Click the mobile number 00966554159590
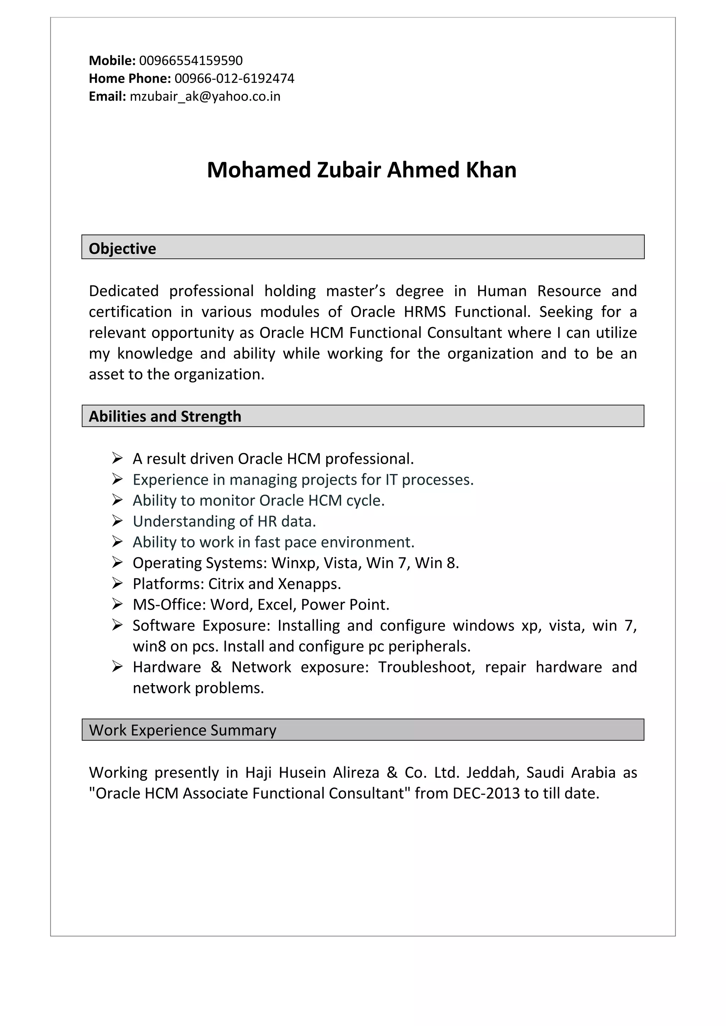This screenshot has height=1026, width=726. [x=191, y=60]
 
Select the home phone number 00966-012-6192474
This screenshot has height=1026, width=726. [x=234, y=78]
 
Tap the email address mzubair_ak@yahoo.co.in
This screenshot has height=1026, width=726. [x=205, y=96]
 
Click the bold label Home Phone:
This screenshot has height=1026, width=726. [x=130, y=78]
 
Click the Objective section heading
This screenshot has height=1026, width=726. [x=123, y=248]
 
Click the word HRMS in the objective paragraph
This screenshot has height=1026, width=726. [x=425, y=311]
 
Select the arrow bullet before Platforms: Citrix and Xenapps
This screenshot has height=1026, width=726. [x=117, y=583]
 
